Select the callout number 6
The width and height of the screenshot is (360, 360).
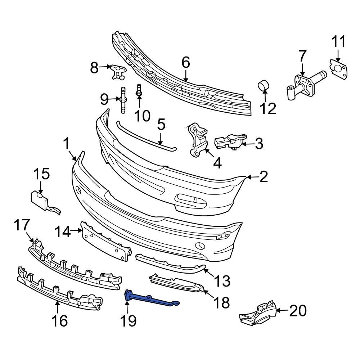coord(185,63)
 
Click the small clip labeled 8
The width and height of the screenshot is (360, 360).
coord(117,70)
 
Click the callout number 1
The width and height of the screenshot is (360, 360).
coord(67,144)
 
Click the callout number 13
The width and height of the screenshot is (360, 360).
coord(222,280)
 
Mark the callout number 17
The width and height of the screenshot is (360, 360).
coord(22,226)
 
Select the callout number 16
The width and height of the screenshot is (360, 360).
coord(59,320)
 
